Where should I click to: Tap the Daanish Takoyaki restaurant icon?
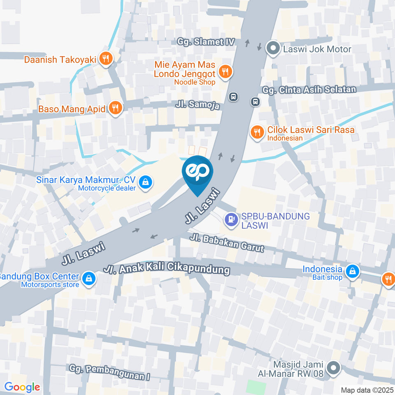coord(106,59)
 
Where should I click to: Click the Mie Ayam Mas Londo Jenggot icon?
coord(225,72)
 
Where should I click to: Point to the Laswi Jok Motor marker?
coord(272,49)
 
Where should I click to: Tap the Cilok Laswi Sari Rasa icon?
coord(258,132)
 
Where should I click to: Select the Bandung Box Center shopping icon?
coord(88,279)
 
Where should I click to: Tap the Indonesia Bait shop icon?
coord(353,271)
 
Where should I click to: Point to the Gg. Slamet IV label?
coord(206,42)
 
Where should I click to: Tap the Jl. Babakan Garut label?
coord(227,243)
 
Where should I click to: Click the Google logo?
coord(22,387)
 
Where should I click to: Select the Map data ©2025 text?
coord(367,390)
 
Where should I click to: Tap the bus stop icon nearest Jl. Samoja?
coord(233,97)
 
